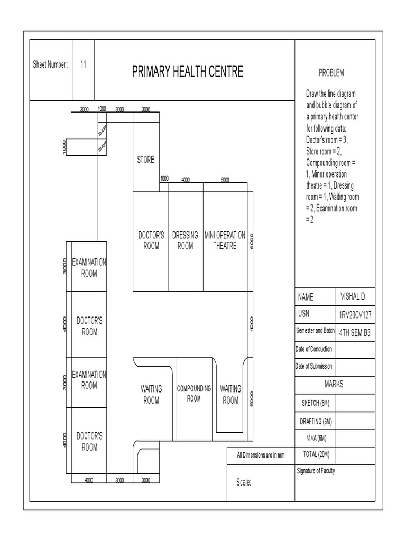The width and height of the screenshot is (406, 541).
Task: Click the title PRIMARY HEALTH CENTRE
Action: coord(188,72)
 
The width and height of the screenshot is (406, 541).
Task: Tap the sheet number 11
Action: coord(84,64)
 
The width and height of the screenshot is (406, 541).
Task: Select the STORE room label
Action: coord(145,160)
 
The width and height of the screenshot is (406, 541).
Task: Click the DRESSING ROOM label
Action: coord(185,240)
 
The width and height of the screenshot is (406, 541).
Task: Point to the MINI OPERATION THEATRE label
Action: coord(225,240)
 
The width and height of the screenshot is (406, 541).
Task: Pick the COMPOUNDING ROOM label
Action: coord(194,394)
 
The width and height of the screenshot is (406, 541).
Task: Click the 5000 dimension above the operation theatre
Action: coord(225,180)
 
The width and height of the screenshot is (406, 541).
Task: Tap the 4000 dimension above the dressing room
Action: coord(186,180)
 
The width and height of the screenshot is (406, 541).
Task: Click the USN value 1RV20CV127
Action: coord(355,314)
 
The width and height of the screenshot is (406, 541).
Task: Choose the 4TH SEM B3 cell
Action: coord(355,332)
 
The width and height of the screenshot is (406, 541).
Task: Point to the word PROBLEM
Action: coord(331,72)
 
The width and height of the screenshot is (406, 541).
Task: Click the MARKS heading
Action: coord(334,384)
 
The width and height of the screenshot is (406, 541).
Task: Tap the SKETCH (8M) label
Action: coord(316,403)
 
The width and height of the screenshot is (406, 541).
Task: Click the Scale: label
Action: coord(243,482)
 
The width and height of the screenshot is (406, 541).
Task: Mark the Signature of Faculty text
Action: coord(316,471)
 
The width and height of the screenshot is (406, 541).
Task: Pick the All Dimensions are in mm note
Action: coord(261,455)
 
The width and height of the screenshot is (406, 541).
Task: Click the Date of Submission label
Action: coord(314,367)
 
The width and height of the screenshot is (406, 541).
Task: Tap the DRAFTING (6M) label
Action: coord(316,421)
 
